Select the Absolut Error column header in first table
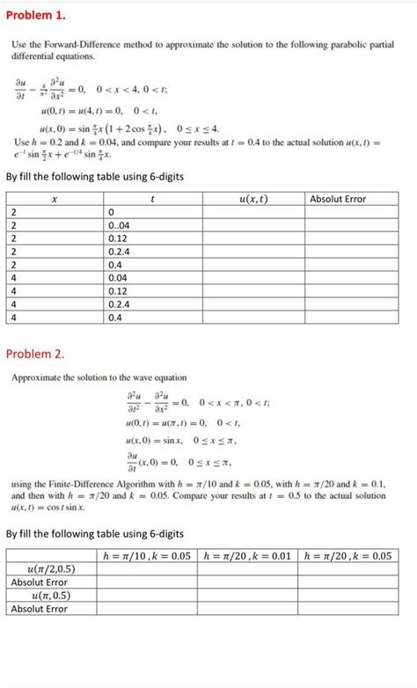click(338, 199)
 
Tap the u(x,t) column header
click(253, 199)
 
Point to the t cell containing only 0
click(110, 212)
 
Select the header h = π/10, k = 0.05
click(147, 555)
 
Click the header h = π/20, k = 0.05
click(347, 555)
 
